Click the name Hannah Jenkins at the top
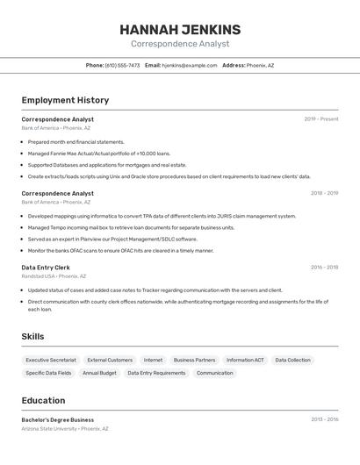coord(180,30)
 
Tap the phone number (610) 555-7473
coord(122,65)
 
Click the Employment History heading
coord(65,100)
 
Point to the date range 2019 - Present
coord(320,119)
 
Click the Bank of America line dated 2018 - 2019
coord(56,202)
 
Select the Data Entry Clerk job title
coord(46,267)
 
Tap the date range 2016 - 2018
coord(324,267)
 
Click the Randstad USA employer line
coord(54,275)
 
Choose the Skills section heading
coord(32,336)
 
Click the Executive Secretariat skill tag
coord(51,360)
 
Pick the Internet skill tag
coord(153,360)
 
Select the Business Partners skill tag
coord(194,360)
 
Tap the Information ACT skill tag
coord(245,360)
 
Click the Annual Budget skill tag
coord(99,373)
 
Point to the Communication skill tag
coord(214,373)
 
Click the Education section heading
coord(43,400)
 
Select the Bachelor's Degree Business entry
coord(58,419)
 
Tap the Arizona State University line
coord(65,429)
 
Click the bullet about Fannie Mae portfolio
coord(98,153)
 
